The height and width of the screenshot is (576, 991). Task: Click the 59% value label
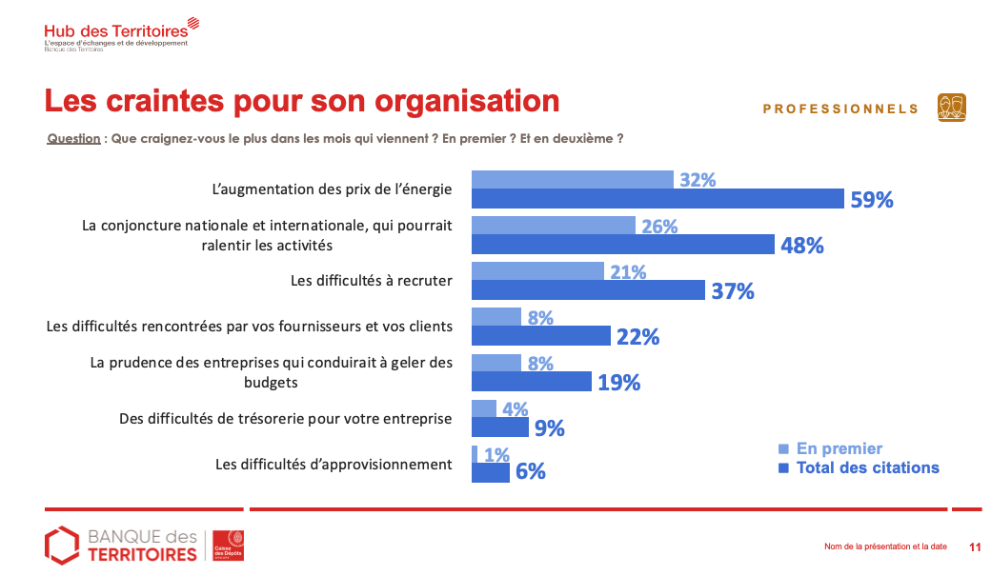pos(872,200)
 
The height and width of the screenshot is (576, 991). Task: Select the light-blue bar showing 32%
pos(573,179)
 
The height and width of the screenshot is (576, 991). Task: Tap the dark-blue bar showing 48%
pos(623,245)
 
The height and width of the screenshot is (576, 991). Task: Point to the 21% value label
pos(628,272)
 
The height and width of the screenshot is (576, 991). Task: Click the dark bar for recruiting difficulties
pos(588,290)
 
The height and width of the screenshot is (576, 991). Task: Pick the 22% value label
pos(637,337)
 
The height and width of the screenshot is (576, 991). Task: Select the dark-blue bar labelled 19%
pos(532,382)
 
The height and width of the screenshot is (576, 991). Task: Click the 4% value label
pos(516,409)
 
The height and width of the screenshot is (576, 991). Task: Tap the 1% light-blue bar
pos(475,455)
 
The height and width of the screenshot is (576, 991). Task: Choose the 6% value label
pos(530,471)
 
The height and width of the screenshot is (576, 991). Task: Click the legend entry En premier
pos(839,448)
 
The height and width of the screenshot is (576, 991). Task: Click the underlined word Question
pos(74,138)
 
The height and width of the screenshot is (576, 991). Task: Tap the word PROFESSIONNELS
pos(840,109)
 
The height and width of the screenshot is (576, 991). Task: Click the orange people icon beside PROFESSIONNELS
pos(951,108)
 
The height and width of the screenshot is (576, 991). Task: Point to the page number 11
pos(975,546)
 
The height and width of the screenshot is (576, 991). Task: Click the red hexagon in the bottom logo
pos(62,544)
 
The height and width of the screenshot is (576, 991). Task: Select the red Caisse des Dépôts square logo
pos(229,545)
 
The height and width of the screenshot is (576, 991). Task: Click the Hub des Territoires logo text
pos(115,32)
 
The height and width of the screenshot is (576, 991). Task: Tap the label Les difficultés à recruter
pos(371,281)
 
